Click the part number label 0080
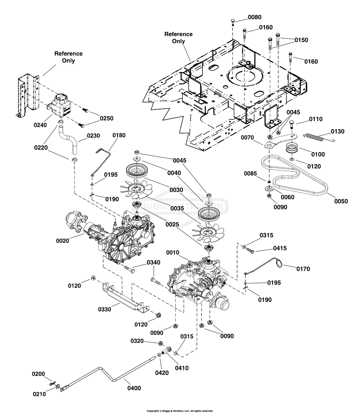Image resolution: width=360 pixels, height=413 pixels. [x=254, y=17]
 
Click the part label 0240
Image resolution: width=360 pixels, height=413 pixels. [x=40, y=125]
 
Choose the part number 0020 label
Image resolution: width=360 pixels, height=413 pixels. [x=62, y=240]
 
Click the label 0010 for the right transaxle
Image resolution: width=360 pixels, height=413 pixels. [x=173, y=252]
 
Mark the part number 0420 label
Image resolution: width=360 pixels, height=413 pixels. [x=162, y=373]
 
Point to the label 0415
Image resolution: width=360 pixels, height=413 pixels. [x=280, y=248]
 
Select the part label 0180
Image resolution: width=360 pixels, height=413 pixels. [x=119, y=135]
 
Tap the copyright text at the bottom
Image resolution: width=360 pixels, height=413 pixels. [x=180, y=411]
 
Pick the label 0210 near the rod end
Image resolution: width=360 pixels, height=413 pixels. [x=39, y=394]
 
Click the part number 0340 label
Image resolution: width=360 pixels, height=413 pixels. [x=153, y=263]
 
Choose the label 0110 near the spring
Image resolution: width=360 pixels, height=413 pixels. [x=316, y=119]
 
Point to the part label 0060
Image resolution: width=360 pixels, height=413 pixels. [x=287, y=197]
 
